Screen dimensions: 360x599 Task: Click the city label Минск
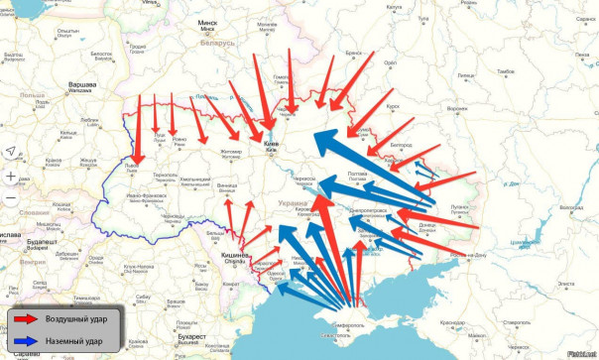(x=207, y=21)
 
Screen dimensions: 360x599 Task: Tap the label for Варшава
(x=80, y=85)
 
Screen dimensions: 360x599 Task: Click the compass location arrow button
(x=9, y=151)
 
